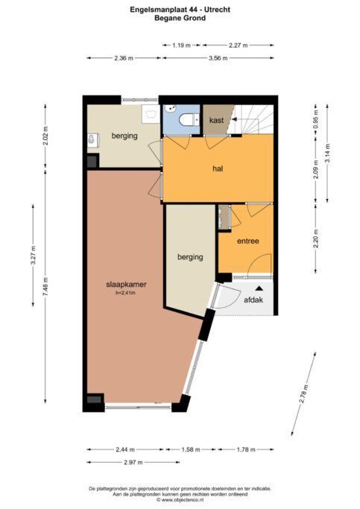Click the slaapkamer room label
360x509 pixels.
pyautogui.click(x=126, y=285)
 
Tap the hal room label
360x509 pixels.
pyautogui.click(x=218, y=169)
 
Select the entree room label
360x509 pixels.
pyautogui.click(x=248, y=241)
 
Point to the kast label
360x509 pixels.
pyautogui.click(x=216, y=120)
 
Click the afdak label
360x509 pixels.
pyautogui.click(x=253, y=300)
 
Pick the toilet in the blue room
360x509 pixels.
pyautogui.click(x=189, y=119)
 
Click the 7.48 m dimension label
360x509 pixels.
pyautogui.click(x=45, y=286)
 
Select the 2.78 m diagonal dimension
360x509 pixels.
pyautogui.click(x=303, y=394)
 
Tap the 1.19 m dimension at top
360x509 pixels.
pyautogui.click(x=181, y=45)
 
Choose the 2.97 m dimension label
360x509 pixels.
pyautogui.click(x=133, y=462)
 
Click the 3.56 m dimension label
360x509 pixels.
pyautogui.click(x=218, y=58)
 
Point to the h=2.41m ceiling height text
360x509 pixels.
pyautogui.click(x=126, y=293)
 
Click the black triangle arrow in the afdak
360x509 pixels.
pyautogui.click(x=259, y=288)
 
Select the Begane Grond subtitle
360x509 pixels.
pyautogui.click(x=180, y=18)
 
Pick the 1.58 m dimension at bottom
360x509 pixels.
pyautogui.click(x=191, y=449)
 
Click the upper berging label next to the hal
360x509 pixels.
pyautogui.click(x=124, y=136)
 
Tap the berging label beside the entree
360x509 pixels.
pyautogui.click(x=190, y=257)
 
